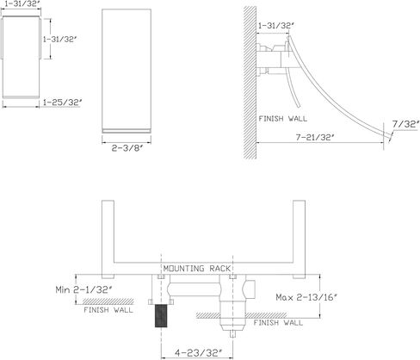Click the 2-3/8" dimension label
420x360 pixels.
pos(127,148)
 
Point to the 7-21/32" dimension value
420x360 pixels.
pos(315,138)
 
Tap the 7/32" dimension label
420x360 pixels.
pos(405,124)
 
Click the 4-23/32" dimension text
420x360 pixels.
pos(199,352)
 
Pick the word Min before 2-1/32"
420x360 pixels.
pos(63,289)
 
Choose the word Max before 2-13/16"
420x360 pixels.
pos(285,297)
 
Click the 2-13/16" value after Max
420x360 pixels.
pos(317,297)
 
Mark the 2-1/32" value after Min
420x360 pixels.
pos(92,289)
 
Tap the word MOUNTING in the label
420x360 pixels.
pos(183,269)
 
